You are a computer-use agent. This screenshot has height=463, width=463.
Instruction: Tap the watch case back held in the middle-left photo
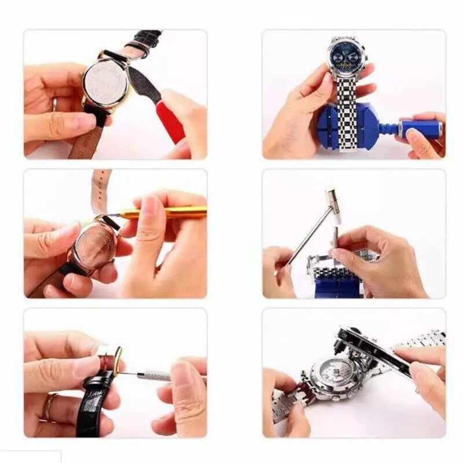pos(94,246)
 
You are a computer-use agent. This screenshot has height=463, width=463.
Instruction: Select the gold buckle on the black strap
pos(118,360)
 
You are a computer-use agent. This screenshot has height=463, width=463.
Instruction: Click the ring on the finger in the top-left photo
pos(55,104)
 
